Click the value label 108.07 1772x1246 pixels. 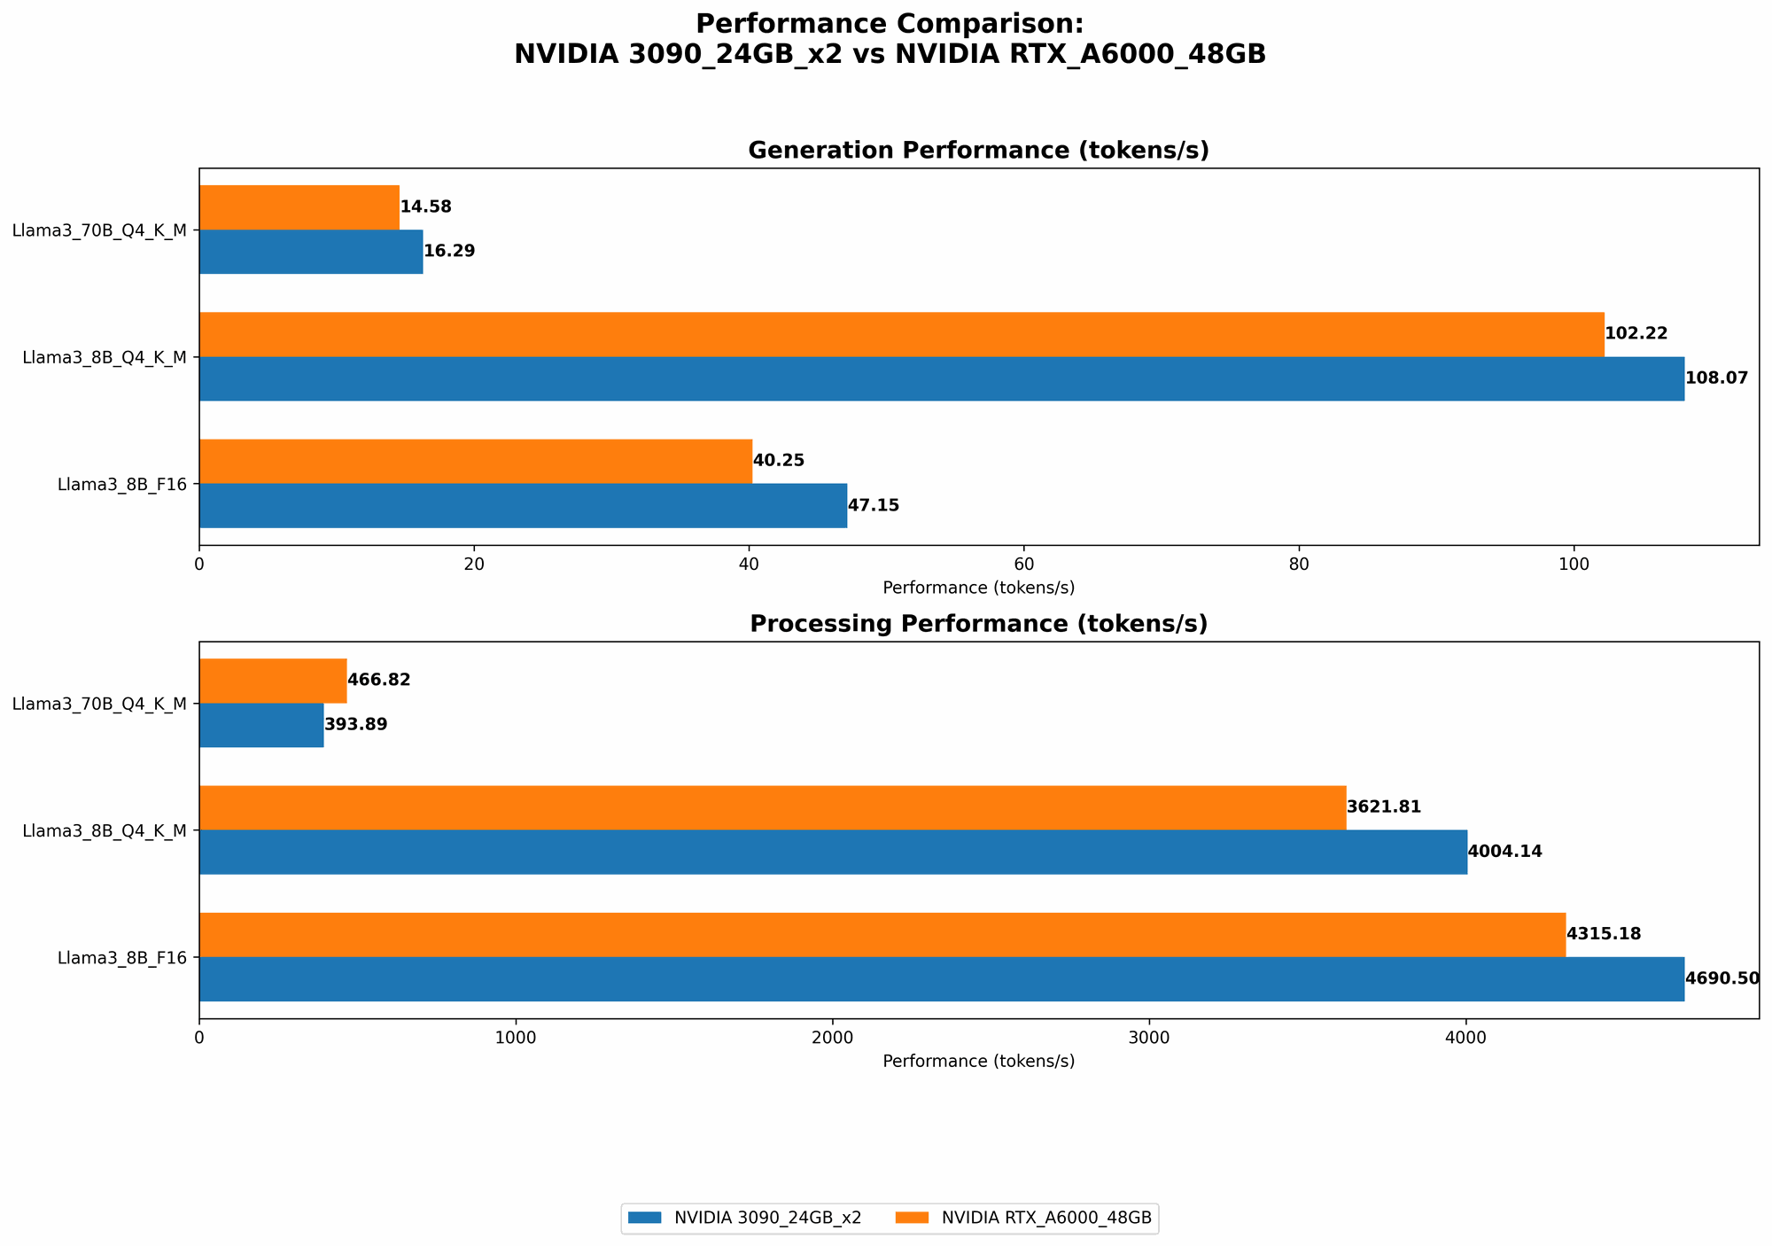click(x=1716, y=378)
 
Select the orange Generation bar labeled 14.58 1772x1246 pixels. click(x=299, y=207)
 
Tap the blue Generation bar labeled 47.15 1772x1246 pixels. click(x=523, y=505)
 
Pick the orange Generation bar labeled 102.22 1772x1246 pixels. click(x=901, y=334)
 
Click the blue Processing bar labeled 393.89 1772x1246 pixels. click(x=261, y=725)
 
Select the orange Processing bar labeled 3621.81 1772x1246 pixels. click(x=773, y=807)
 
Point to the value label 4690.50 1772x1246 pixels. click(x=1721, y=979)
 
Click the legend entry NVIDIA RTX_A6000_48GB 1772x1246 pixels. click(x=1045, y=1219)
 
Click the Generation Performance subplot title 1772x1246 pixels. click(x=978, y=151)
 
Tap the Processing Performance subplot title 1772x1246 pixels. click(x=978, y=624)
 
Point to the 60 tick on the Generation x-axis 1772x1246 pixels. click(x=1023, y=564)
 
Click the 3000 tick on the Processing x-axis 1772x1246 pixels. click(x=1149, y=1037)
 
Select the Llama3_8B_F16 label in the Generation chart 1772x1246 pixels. click(x=121, y=485)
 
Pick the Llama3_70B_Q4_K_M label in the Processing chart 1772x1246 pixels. click(x=99, y=704)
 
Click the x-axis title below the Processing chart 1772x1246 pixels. click(x=978, y=1061)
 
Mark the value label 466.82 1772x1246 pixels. click(x=378, y=681)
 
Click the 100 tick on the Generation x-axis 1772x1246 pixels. click(x=1574, y=564)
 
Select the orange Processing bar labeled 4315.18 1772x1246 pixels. click(x=882, y=935)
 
